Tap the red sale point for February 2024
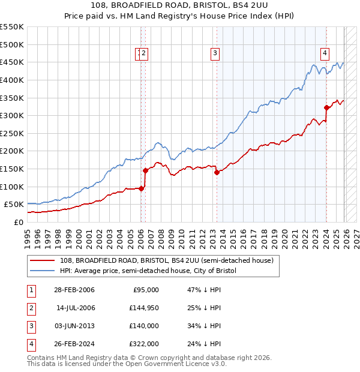[x=326, y=108]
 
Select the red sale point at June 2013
[x=217, y=172]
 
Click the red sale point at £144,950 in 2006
[x=145, y=170]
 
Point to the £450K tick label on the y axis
[x=11, y=62]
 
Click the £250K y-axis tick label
[x=11, y=133]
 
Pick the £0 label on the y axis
[x=18, y=222]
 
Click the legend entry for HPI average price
[x=148, y=271]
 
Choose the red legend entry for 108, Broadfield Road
[x=167, y=260]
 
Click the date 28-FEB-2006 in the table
[x=74, y=290]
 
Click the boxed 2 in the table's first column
[x=30, y=308]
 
